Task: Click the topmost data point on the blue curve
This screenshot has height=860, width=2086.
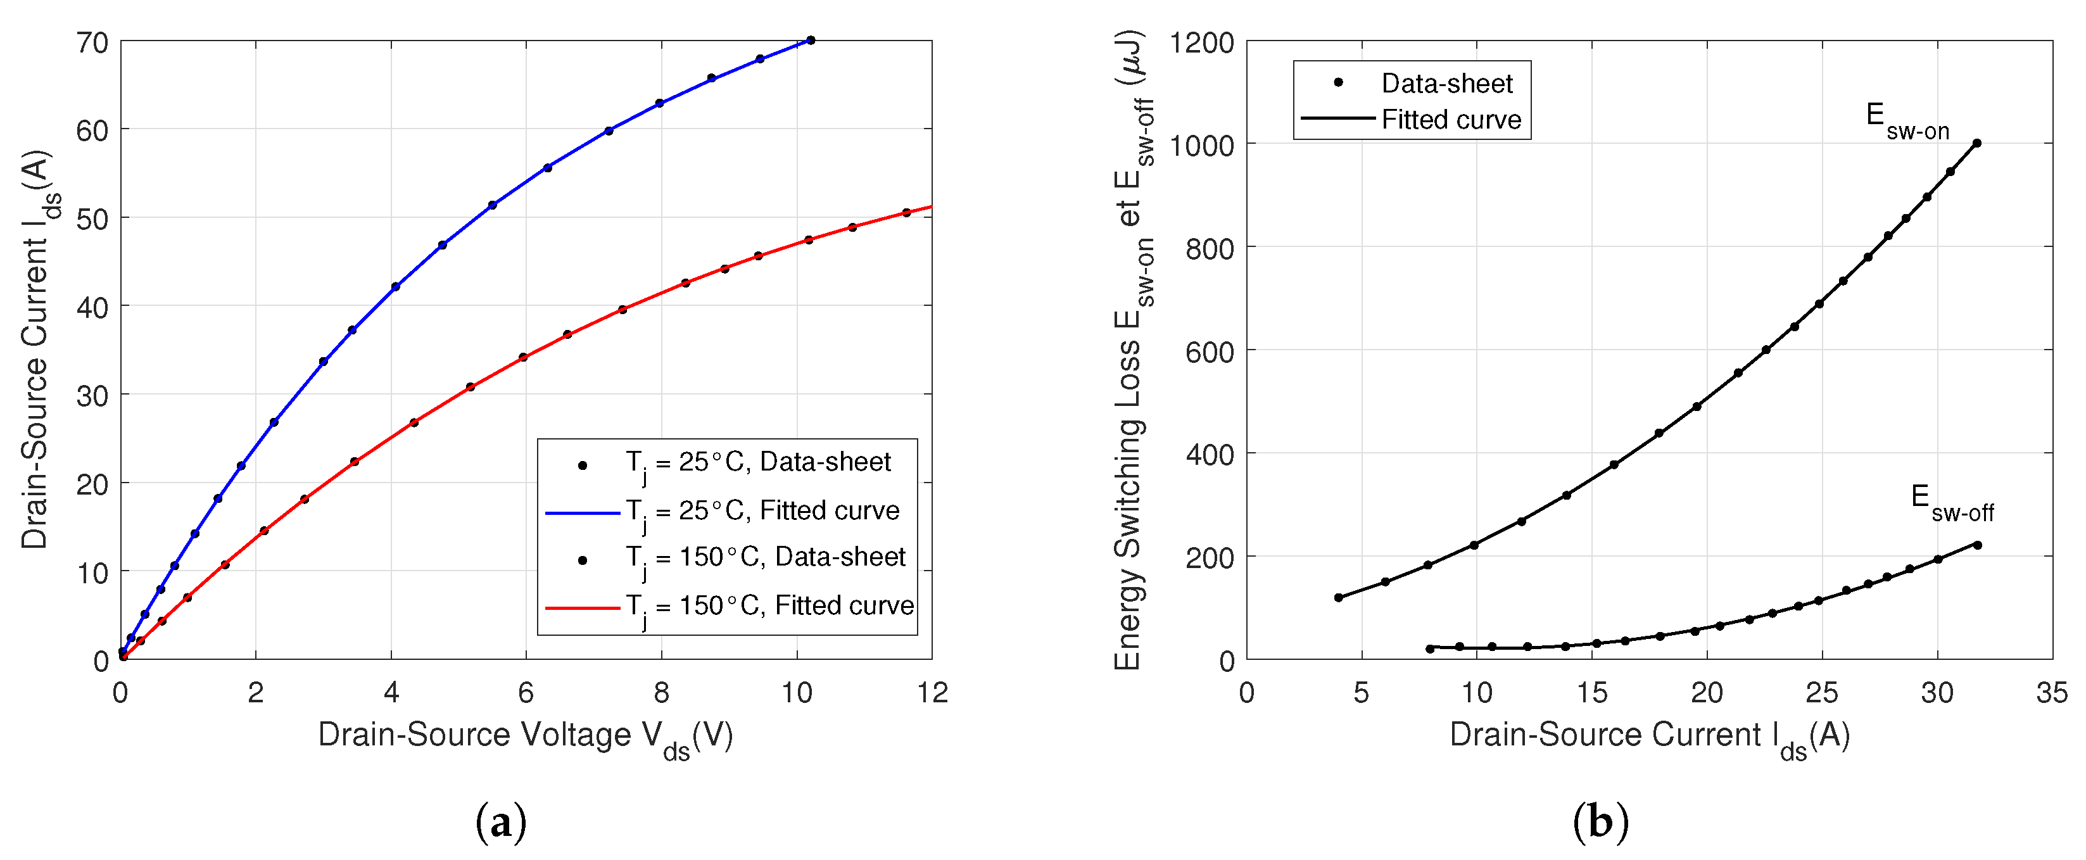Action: point(811,41)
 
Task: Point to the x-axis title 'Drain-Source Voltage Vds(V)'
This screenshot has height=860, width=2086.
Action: point(526,736)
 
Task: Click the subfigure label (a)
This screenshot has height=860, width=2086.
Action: point(502,823)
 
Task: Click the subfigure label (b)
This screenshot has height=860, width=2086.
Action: point(1600,823)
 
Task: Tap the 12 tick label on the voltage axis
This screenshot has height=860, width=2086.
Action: point(933,693)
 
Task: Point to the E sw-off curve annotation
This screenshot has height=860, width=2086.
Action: point(1952,502)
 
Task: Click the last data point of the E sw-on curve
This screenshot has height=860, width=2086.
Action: point(1976,143)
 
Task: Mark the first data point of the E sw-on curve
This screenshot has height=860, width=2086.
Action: point(1339,598)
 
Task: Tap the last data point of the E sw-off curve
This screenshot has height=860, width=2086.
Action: point(1978,545)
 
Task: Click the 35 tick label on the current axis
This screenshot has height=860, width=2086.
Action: point(2052,693)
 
